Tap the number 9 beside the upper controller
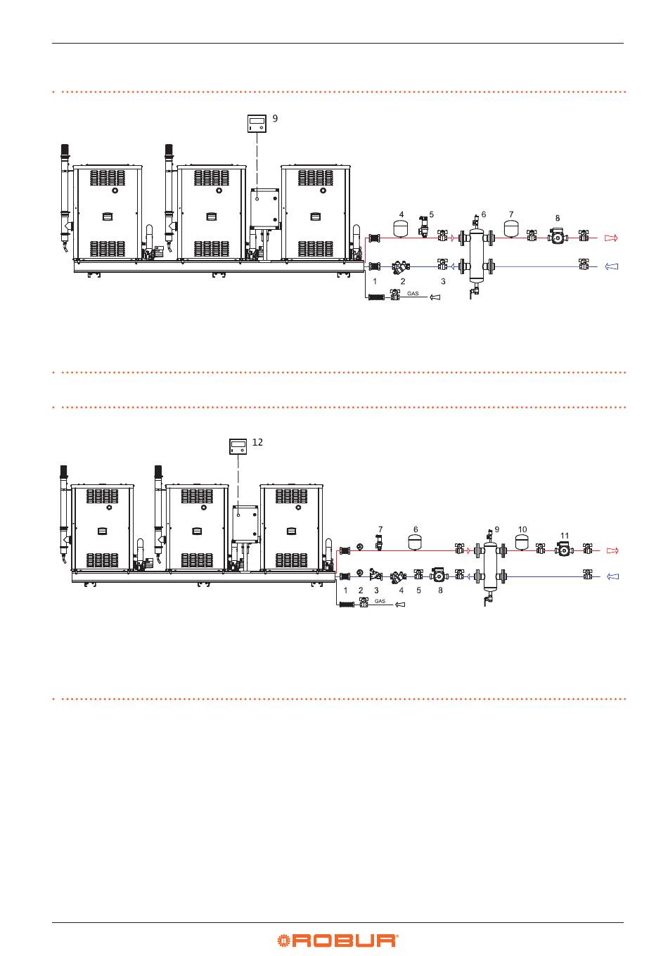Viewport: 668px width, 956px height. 275,118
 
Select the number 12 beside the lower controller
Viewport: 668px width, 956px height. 257,442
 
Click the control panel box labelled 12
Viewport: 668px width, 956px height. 238,446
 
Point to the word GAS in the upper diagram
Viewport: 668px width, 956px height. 413,294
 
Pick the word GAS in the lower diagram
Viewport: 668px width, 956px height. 380,601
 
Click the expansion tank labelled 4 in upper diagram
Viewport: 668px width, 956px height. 401,228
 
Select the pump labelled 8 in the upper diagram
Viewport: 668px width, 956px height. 558,236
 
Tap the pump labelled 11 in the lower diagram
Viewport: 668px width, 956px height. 564,549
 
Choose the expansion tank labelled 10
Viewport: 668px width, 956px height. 522,542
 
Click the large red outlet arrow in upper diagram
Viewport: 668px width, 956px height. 611,238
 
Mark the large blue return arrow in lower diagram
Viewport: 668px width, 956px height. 612,576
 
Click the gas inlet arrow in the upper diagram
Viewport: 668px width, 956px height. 435,297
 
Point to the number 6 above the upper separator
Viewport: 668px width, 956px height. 483,214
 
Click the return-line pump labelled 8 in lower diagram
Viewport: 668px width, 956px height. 439,575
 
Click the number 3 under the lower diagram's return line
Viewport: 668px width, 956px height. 376,590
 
